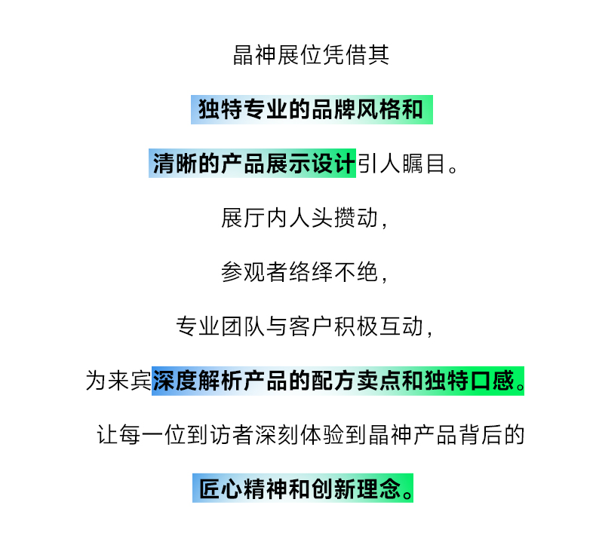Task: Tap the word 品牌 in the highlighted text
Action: click(333, 109)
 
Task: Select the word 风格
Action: click(377, 109)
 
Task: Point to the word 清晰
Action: click(175, 164)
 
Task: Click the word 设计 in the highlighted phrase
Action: click(333, 164)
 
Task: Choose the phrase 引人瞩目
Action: click(401, 164)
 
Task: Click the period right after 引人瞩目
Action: click(453, 169)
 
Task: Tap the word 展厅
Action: click(243, 218)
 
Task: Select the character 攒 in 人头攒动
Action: click(344, 218)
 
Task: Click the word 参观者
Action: click(254, 272)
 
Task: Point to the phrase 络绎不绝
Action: click(333, 272)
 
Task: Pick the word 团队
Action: click(243, 326)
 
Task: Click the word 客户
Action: click(311, 326)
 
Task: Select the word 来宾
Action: click(130, 381)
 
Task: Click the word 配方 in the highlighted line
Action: click(333, 381)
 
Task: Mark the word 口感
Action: click(493, 381)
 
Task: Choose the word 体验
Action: click(322, 435)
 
